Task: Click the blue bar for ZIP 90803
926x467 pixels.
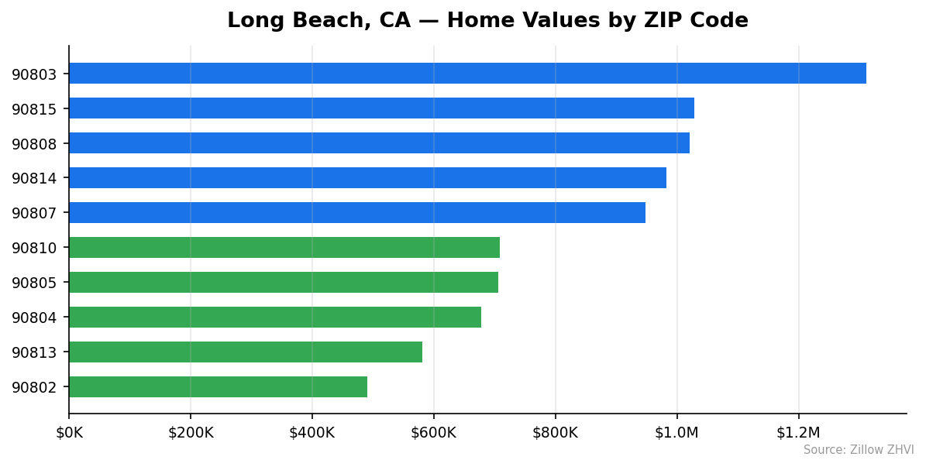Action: tap(467, 74)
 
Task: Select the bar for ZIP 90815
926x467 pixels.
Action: tap(381, 108)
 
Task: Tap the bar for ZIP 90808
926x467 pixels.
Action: tap(379, 143)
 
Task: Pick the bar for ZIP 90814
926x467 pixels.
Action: tap(367, 178)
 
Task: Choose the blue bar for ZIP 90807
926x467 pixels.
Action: tap(357, 213)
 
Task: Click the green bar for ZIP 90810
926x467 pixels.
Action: tap(284, 248)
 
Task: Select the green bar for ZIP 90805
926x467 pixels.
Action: tap(284, 283)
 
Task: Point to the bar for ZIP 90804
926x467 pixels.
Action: tap(275, 318)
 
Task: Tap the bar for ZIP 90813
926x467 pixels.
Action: tap(246, 352)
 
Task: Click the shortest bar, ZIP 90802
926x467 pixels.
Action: tap(218, 387)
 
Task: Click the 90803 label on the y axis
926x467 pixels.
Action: tap(35, 74)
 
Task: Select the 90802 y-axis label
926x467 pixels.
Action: tap(35, 388)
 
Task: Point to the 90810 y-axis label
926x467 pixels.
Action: tap(35, 249)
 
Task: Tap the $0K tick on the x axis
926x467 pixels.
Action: tap(69, 433)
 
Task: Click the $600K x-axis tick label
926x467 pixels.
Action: tap(434, 433)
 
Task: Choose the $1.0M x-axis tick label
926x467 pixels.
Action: tap(676, 433)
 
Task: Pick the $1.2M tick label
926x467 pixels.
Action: tap(798, 433)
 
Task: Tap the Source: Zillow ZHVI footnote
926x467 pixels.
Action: tap(859, 450)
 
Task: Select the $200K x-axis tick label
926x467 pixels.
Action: tap(191, 433)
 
